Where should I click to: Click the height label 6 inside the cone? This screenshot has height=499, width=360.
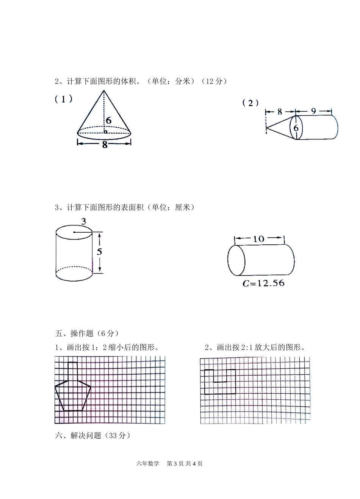(109, 121)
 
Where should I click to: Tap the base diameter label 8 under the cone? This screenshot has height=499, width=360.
(105, 144)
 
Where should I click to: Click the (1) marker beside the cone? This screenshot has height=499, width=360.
(63, 99)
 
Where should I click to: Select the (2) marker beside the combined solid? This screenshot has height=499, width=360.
(250, 103)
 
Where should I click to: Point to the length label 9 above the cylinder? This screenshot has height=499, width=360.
(313, 111)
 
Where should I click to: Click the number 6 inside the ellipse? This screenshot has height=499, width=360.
(296, 128)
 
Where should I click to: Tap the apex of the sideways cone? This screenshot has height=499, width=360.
(266, 128)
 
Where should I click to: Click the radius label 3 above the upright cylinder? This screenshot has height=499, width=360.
(83, 221)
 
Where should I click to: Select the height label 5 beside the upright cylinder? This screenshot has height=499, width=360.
(99, 252)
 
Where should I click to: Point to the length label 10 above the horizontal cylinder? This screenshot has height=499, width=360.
(258, 239)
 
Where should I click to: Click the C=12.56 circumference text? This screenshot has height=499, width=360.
(263, 283)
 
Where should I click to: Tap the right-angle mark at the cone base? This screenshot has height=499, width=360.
(105, 131)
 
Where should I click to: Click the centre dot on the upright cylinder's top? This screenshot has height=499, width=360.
(74, 232)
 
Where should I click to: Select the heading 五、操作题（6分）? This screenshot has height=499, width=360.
(87, 333)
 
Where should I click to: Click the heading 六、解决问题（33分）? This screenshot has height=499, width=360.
(93, 435)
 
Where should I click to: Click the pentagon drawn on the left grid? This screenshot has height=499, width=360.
(73, 396)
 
